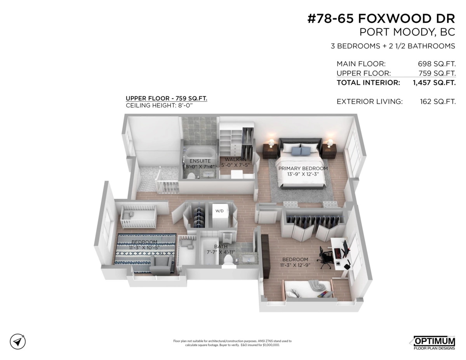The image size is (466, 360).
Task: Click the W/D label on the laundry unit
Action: tap(219, 211)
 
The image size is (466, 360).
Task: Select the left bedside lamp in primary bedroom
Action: tap(271, 143)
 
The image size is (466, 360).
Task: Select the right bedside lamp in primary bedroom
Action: tap(330, 143)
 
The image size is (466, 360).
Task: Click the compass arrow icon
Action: tap(18, 341)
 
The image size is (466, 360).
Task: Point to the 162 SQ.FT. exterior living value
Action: tap(437, 102)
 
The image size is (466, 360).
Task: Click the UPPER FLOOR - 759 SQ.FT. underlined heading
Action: tap(166, 99)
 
